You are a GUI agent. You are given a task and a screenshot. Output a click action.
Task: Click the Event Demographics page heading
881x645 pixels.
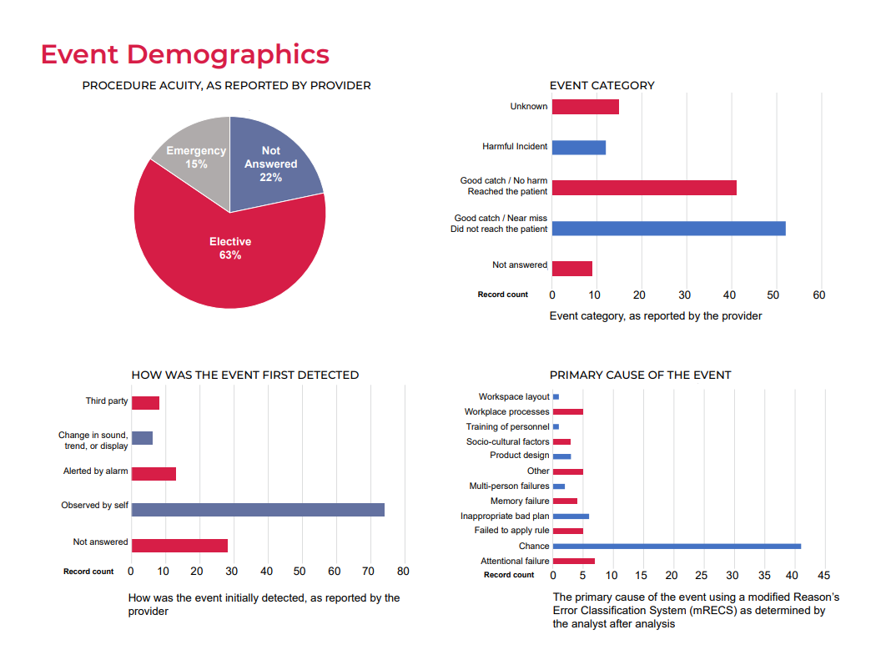click(184, 54)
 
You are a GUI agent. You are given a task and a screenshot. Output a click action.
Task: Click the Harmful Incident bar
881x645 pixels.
click(579, 147)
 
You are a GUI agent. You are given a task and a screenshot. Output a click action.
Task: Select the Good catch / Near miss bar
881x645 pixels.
click(668, 228)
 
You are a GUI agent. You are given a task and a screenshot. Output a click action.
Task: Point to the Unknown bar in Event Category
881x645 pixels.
click(585, 107)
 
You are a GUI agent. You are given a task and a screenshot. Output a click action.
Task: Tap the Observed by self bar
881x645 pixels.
click(258, 509)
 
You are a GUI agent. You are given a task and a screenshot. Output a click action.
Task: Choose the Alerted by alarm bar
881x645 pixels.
click(154, 473)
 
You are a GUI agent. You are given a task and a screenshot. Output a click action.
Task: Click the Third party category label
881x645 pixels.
click(107, 401)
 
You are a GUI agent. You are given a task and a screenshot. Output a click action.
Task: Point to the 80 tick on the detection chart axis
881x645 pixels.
click(403, 572)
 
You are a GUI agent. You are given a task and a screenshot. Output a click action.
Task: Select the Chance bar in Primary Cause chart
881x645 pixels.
click(677, 547)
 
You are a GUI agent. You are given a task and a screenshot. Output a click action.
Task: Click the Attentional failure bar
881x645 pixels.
click(573, 562)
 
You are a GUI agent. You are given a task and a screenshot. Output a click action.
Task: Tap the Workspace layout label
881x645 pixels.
click(514, 396)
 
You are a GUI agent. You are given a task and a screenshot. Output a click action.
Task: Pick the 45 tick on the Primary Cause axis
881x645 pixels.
click(823, 576)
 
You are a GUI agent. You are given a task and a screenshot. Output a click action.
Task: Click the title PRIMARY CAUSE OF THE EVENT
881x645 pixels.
click(640, 375)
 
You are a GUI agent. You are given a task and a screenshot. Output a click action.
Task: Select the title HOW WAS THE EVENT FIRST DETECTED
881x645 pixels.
click(245, 375)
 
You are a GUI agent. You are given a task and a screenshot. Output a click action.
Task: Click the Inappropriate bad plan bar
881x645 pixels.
click(571, 517)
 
